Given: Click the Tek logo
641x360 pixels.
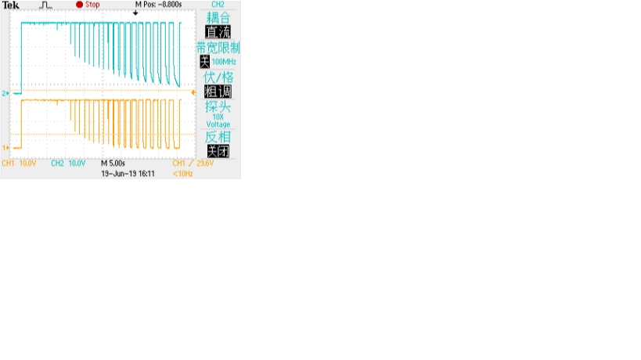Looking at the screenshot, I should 11,5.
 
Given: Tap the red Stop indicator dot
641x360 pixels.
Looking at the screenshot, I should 79,5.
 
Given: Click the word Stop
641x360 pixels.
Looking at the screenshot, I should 94,5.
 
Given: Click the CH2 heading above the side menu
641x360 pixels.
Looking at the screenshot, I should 218,5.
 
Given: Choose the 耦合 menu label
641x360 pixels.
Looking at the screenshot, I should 218,17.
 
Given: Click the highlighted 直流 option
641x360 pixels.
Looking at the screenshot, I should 218,32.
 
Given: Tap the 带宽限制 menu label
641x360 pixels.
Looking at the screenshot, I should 218,47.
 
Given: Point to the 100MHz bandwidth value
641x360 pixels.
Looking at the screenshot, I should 224,61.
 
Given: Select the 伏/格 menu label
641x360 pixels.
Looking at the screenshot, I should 218,77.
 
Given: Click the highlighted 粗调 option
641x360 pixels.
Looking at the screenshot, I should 218,91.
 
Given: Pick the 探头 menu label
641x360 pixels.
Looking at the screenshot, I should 218,106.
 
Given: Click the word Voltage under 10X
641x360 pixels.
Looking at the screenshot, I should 218,124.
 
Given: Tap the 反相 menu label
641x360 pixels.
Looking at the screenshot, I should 218,137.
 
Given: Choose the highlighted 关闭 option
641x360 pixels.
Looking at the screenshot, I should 218,151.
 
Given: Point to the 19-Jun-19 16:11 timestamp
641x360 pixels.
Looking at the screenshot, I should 130,173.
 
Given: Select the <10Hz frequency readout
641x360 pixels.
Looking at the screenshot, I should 182,173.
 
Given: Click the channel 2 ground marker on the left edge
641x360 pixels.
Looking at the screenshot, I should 6,93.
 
